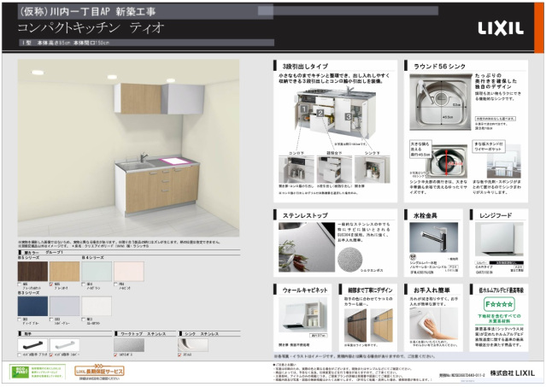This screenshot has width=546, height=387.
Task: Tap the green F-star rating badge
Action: coord(497,304)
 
